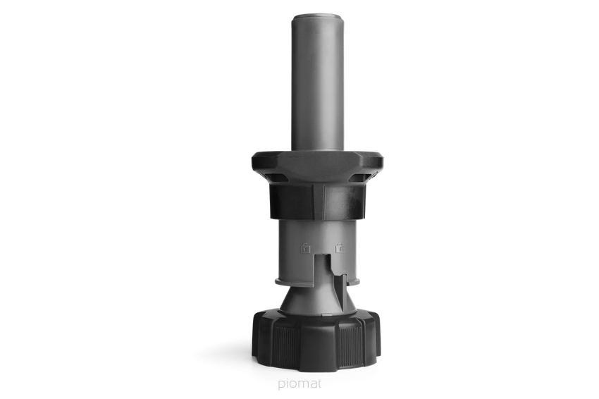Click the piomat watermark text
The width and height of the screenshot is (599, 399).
pyautogui.click(x=300, y=383)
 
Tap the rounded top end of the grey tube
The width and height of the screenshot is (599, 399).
pyautogui.click(x=317, y=18)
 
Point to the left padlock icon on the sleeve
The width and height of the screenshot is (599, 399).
pyautogui.click(x=305, y=247)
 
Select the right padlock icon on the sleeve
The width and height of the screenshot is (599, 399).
pyautogui.click(x=339, y=247)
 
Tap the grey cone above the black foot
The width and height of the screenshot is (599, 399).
pyautogui.click(x=317, y=299)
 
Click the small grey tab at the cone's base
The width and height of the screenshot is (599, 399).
pyautogui.click(x=326, y=315)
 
